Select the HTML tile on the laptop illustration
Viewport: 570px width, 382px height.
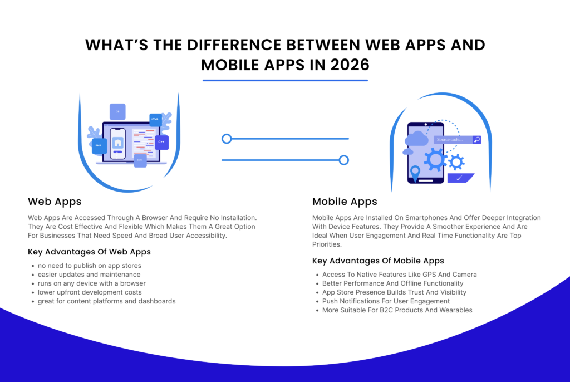click(155, 119)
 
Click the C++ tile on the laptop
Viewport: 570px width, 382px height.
click(161, 142)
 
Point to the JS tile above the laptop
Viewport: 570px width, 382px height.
click(117, 112)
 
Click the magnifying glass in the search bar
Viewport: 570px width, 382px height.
click(476, 140)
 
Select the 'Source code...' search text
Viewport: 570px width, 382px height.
click(449, 140)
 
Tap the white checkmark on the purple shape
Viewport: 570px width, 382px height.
click(459, 178)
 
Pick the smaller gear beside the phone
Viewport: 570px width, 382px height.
click(456, 162)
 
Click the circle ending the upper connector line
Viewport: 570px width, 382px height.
click(227, 139)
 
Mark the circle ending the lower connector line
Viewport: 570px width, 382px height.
click(344, 160)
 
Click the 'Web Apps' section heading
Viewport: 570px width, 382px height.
click(55, 202)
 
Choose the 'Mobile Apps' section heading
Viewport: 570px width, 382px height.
click(345, 202)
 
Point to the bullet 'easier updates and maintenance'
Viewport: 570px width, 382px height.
click(89, 275)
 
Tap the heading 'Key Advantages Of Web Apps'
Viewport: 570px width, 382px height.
click(89, 252)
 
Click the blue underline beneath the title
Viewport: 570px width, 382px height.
click(285, 80)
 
